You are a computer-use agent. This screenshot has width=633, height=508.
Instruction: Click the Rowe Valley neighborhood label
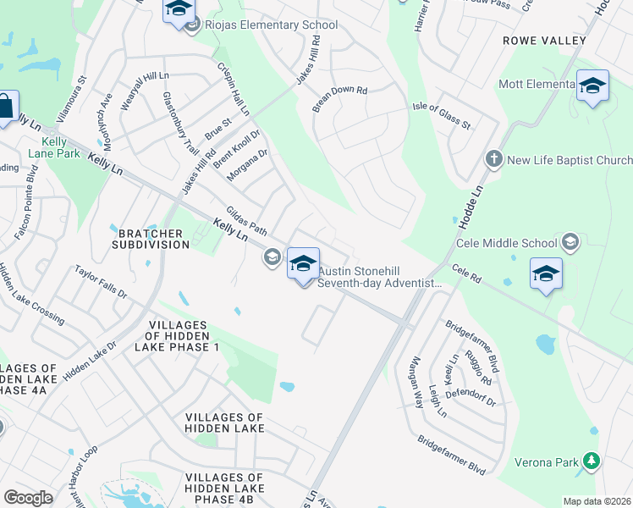tap(544, 41)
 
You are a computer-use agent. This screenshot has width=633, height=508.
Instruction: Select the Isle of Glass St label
tap(441, 113)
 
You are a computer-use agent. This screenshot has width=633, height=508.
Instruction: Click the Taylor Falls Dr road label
tap(100, 284)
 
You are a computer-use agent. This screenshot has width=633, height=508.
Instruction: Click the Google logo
tap(28, 498)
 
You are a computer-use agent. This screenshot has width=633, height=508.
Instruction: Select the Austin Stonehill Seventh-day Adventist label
tap(380, 278)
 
